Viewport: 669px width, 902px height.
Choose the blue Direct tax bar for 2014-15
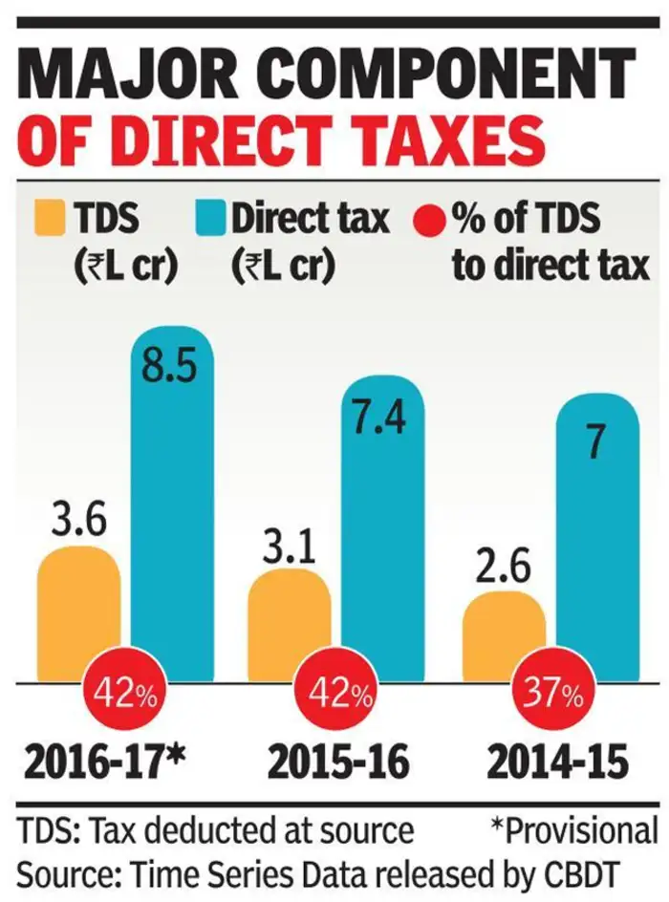597,545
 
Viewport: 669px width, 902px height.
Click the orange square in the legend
49,219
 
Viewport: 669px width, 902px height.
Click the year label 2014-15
557,762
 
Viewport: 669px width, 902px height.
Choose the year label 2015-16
339,762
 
